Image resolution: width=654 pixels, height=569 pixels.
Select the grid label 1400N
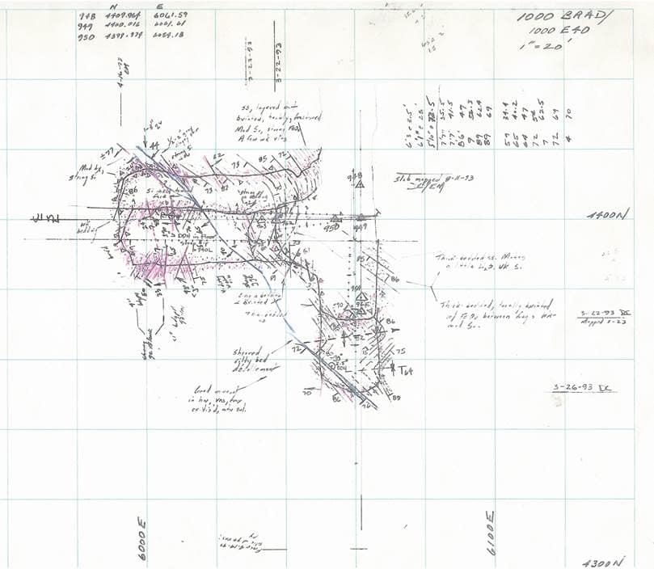(x=608, y=215)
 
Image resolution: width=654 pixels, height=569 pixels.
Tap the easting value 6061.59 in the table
(x=171, y=16)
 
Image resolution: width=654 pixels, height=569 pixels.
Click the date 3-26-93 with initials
(x=583, y=388)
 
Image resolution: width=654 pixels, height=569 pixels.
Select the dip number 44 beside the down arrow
(x=154, y=143)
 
